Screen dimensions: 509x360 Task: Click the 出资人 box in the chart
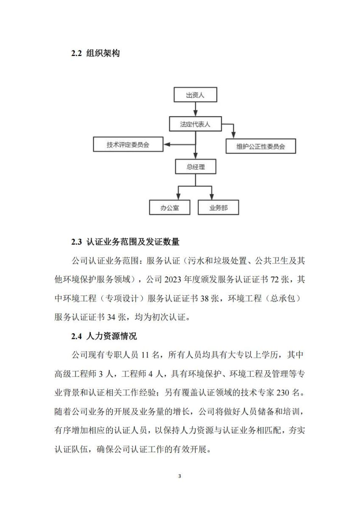pyautogui.click(x=195, y=95)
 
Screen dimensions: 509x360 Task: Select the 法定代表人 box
pyautogui.click(x=195, y=124)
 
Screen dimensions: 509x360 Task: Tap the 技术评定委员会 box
pyautogui.click(x=128, y=145)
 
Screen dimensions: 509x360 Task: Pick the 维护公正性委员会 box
pyautogui.click(x=260, y=147)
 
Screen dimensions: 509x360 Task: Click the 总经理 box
pyautogui.click(x=195, y=167)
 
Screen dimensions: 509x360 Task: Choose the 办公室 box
pyautogui.click(x=169, y=208)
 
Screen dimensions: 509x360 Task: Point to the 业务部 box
pyautogui.click(x=218, y=208)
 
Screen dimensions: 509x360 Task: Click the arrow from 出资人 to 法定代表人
pyautogui.click(x=195, y=109)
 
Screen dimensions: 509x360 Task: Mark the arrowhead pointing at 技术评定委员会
pyautogui.click(x=167, y=145)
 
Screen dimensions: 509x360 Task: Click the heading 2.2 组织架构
pyautogui.click(x=95, y=53)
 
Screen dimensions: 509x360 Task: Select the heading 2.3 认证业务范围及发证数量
pyautogui.click(x=125, y=243)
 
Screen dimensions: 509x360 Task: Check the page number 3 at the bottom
pyautogui.click(x=180, y=476)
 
